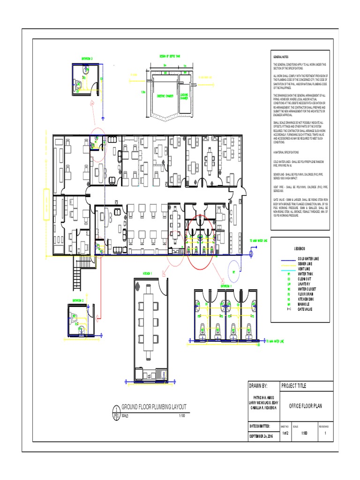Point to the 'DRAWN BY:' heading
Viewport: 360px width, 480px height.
pyautogui.click(x=258, y=386)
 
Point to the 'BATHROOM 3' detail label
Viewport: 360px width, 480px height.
pyautogui.click(x=87, y=59)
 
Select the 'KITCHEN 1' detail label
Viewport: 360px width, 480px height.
pyautogui.click(x=149, y=273)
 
